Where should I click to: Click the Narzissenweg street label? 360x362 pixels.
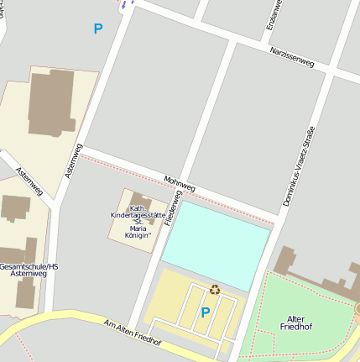tap(291, 60)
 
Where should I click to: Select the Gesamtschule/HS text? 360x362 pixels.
tap(29, 266)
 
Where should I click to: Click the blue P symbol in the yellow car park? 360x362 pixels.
tap(205, 312)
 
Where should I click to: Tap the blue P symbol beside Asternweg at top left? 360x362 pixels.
tap(98, 29)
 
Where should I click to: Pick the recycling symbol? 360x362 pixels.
tap(215, 289)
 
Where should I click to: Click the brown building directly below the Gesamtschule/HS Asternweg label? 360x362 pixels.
tap(26, 291)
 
